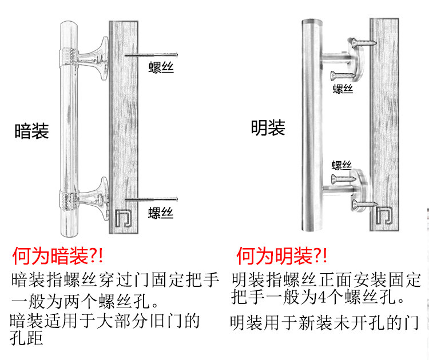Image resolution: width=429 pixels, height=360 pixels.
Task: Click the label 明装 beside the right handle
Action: pos(268,127)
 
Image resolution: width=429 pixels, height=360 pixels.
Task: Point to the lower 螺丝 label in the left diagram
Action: pos(160,213)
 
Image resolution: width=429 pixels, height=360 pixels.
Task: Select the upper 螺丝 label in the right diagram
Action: pos(343,89)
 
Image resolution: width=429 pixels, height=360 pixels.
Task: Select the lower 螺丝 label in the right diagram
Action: pos(342,165)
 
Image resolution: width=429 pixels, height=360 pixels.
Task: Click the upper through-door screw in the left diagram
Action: pos(152,55)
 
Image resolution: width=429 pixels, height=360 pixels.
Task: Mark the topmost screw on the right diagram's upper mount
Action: pos(363,42)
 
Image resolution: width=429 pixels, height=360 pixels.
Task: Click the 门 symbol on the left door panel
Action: pos(122,218)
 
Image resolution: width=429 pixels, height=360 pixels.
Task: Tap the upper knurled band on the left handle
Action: pos(68,55)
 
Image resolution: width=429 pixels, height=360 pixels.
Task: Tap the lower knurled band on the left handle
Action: pos(69,200)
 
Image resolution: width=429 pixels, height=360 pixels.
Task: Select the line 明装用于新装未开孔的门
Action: pos(324,323)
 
